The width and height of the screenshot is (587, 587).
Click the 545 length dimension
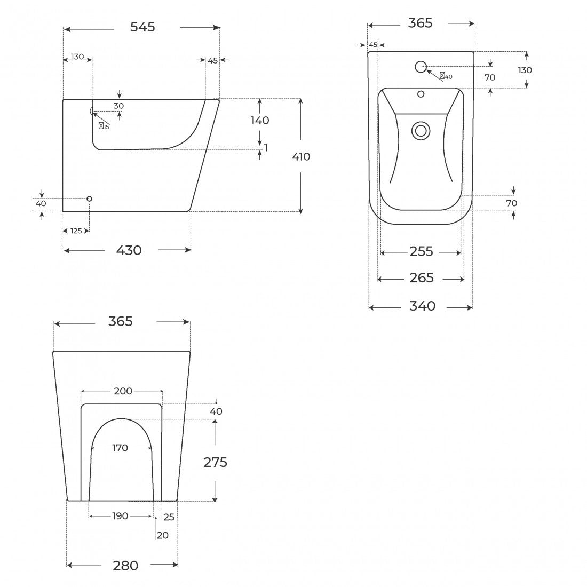coord(142,27)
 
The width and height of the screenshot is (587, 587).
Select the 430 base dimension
coord(129,250)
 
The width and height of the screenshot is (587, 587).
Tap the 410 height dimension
coord(301,156)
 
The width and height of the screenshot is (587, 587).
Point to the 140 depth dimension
coord(260,120)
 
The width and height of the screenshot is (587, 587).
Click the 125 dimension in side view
coord(76,231)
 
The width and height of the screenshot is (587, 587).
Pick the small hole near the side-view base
coord(89,199)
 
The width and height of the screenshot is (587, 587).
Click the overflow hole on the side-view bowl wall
coord(91,111)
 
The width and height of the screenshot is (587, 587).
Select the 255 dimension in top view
coord(421,251)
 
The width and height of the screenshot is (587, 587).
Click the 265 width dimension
coord(422,278)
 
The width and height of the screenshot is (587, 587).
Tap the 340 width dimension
coord(422,306)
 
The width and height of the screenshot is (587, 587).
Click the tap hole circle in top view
coord(421,67)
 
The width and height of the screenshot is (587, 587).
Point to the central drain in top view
coord(421,131)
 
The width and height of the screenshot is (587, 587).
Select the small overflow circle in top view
coord(421,94)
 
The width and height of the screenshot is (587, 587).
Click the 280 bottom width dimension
coord(125,566)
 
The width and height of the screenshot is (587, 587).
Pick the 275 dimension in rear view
coord(215,462)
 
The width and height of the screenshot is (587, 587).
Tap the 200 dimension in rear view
coord(123,391)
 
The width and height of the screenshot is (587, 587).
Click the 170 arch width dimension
coord(120,448)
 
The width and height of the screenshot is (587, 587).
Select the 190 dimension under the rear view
coord(120,516)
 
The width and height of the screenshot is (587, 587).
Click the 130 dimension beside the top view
coord(525,70)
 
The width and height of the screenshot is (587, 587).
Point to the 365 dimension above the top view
coord(420,23)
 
